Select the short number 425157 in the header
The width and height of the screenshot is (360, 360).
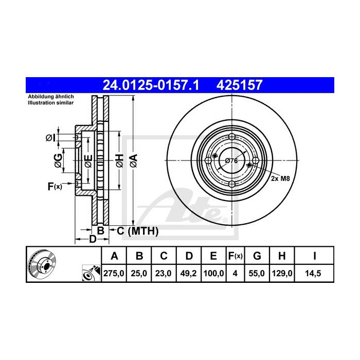(242, 84)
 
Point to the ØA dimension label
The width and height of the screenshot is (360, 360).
(133, 160)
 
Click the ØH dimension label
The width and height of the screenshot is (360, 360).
(119, 160)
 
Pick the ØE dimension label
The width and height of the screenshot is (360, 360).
(88, 160)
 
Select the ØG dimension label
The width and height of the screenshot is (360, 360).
(59, 160)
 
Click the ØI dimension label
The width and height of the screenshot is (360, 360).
(50, 137)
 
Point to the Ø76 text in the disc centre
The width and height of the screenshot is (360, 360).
(231, 160)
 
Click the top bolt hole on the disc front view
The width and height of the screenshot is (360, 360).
(231, 137)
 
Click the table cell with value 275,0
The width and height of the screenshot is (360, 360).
(115, 273)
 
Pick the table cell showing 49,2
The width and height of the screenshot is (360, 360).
(189, 273)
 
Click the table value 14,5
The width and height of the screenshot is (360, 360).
(313, 273)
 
